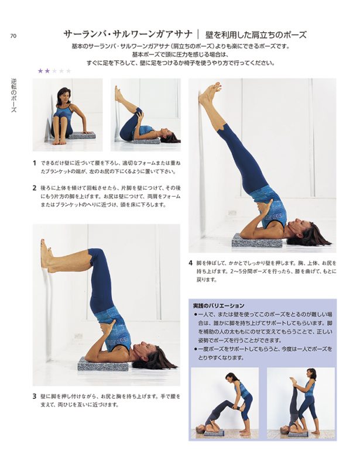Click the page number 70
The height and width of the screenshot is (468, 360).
click(x=13, y=36)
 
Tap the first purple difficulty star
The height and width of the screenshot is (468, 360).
click(x=40, y=71)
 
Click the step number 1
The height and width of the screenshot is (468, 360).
click(x=35, y=163)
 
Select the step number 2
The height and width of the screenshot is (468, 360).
click(x=35, y=188)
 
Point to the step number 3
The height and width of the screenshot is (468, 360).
click(x=35, y=397)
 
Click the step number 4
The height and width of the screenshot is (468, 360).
click(x=190, y=263)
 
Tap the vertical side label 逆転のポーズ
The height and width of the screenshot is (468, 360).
click(x=13, y=95)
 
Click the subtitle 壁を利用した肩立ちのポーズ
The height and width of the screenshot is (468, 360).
click(x=256, y=35)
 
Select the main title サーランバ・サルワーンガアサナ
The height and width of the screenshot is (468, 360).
click(x=128, y=35)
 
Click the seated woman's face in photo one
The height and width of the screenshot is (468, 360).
click(x=64, y=95)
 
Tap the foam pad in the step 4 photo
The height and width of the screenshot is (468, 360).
click(x=257, y=240)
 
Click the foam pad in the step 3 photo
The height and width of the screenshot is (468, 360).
click(x=103, y=363)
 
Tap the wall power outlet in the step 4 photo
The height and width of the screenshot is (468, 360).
click(x=232, y=213)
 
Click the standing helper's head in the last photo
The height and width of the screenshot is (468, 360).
click(x=311, y=374)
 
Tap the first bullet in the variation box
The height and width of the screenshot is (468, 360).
click(x=196, y=315)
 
